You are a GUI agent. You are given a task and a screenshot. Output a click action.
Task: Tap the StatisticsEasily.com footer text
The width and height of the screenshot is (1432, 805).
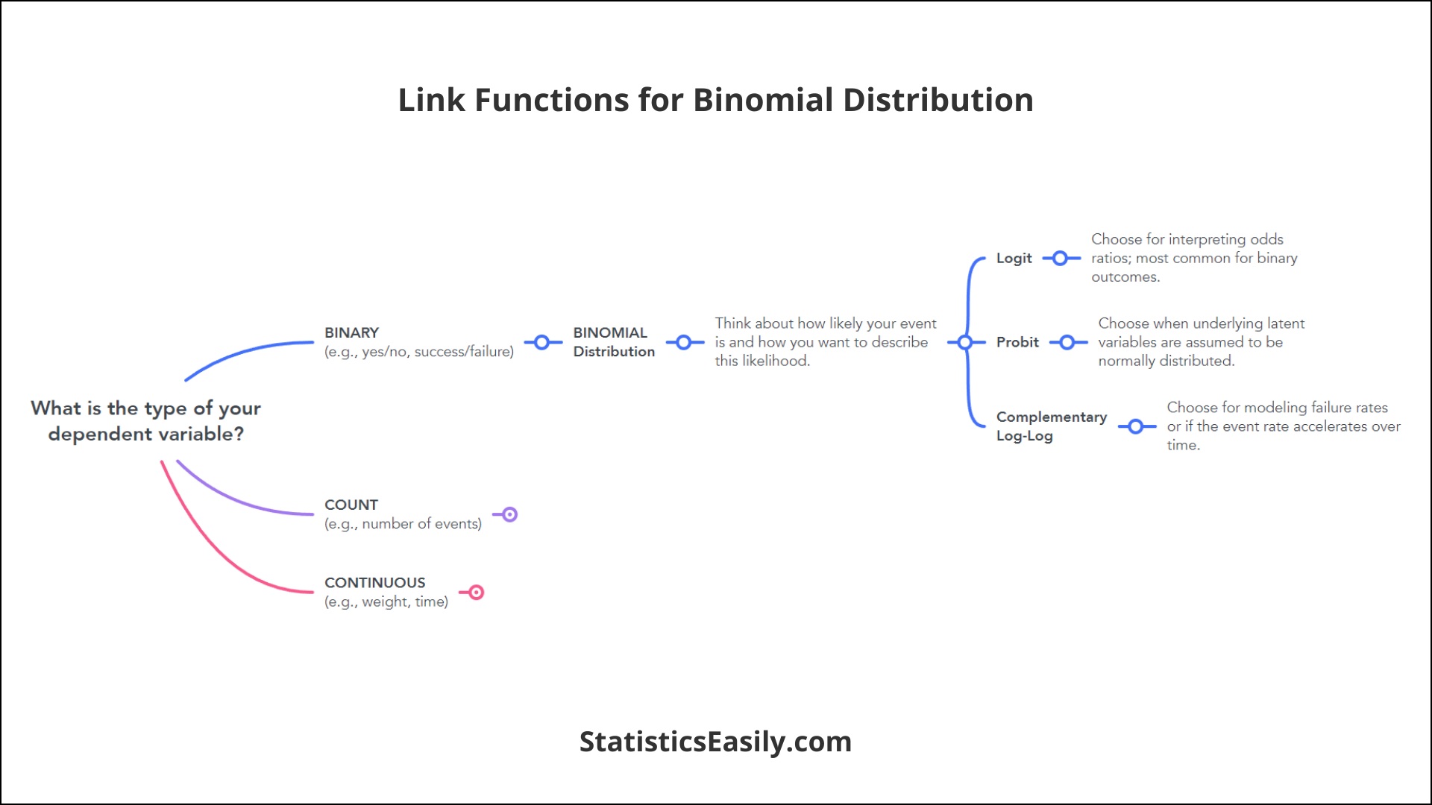(715, 742)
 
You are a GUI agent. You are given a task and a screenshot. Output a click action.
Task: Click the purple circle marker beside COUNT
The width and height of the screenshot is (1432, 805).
(509, 514)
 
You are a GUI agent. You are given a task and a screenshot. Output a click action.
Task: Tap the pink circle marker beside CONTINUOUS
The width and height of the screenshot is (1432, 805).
(476, 593)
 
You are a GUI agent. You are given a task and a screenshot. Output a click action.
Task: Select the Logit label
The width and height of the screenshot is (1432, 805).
(1014, 258)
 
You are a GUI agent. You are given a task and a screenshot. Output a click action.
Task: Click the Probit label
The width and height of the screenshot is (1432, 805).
(1017, 342)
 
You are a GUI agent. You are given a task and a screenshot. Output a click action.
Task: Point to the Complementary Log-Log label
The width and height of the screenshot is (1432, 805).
(1052, 426)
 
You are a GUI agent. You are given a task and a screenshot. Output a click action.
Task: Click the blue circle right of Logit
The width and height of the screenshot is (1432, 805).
(1060, 259)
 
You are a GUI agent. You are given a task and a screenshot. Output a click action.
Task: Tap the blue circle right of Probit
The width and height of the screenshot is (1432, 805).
(1067, 342)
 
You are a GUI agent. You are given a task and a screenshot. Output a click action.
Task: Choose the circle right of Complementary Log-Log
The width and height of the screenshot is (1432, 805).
(1136, 426)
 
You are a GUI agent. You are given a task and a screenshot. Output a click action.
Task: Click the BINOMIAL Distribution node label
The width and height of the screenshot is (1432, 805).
(614, 342)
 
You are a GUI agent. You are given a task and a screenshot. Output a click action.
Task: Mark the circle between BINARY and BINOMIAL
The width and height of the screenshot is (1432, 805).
(542, 342)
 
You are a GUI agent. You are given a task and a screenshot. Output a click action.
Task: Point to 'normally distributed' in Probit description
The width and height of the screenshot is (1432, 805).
(1166, 361)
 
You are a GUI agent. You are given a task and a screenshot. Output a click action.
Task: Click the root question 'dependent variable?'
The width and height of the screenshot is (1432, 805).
(146, 434)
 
